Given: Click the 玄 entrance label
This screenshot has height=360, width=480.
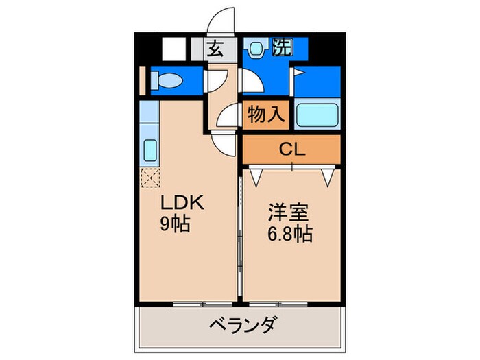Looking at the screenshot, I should tap(215, 49).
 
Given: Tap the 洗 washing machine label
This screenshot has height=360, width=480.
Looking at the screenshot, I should tap(281, 48).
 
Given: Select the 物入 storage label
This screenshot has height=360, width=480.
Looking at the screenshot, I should tap(266, 114).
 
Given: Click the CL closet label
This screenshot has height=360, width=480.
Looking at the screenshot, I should tap(291, 149).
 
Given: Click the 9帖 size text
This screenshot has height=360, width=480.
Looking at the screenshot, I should tap(176, 224).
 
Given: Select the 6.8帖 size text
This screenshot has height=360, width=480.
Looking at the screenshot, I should tap(289, 235).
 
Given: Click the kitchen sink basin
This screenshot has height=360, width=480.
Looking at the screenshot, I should tap(150, 149).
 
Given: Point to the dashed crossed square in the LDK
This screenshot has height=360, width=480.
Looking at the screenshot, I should tap(149, 177).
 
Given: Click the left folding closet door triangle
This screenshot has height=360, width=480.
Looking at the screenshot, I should tap(256, 176).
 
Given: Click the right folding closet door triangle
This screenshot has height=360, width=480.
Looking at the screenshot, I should tap(328, 176).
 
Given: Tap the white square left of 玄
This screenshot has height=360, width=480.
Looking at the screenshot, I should tap(173, 50).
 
